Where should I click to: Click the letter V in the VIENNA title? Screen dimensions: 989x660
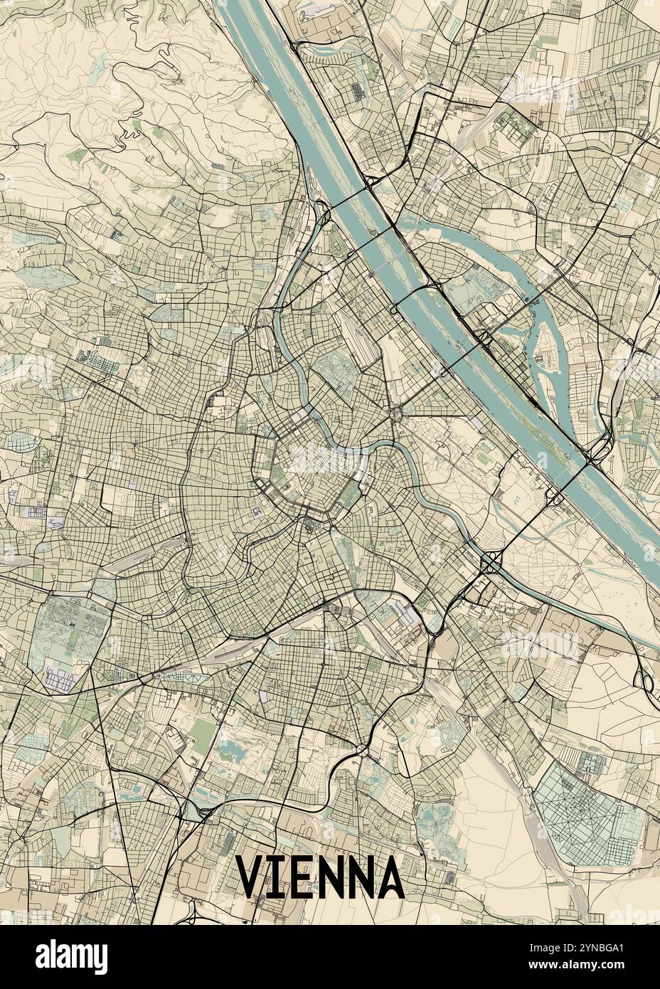250,877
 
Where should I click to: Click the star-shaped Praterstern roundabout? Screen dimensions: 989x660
396,412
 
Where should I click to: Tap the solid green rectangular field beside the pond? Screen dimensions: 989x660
203,733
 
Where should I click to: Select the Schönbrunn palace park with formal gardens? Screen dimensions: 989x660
68,626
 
